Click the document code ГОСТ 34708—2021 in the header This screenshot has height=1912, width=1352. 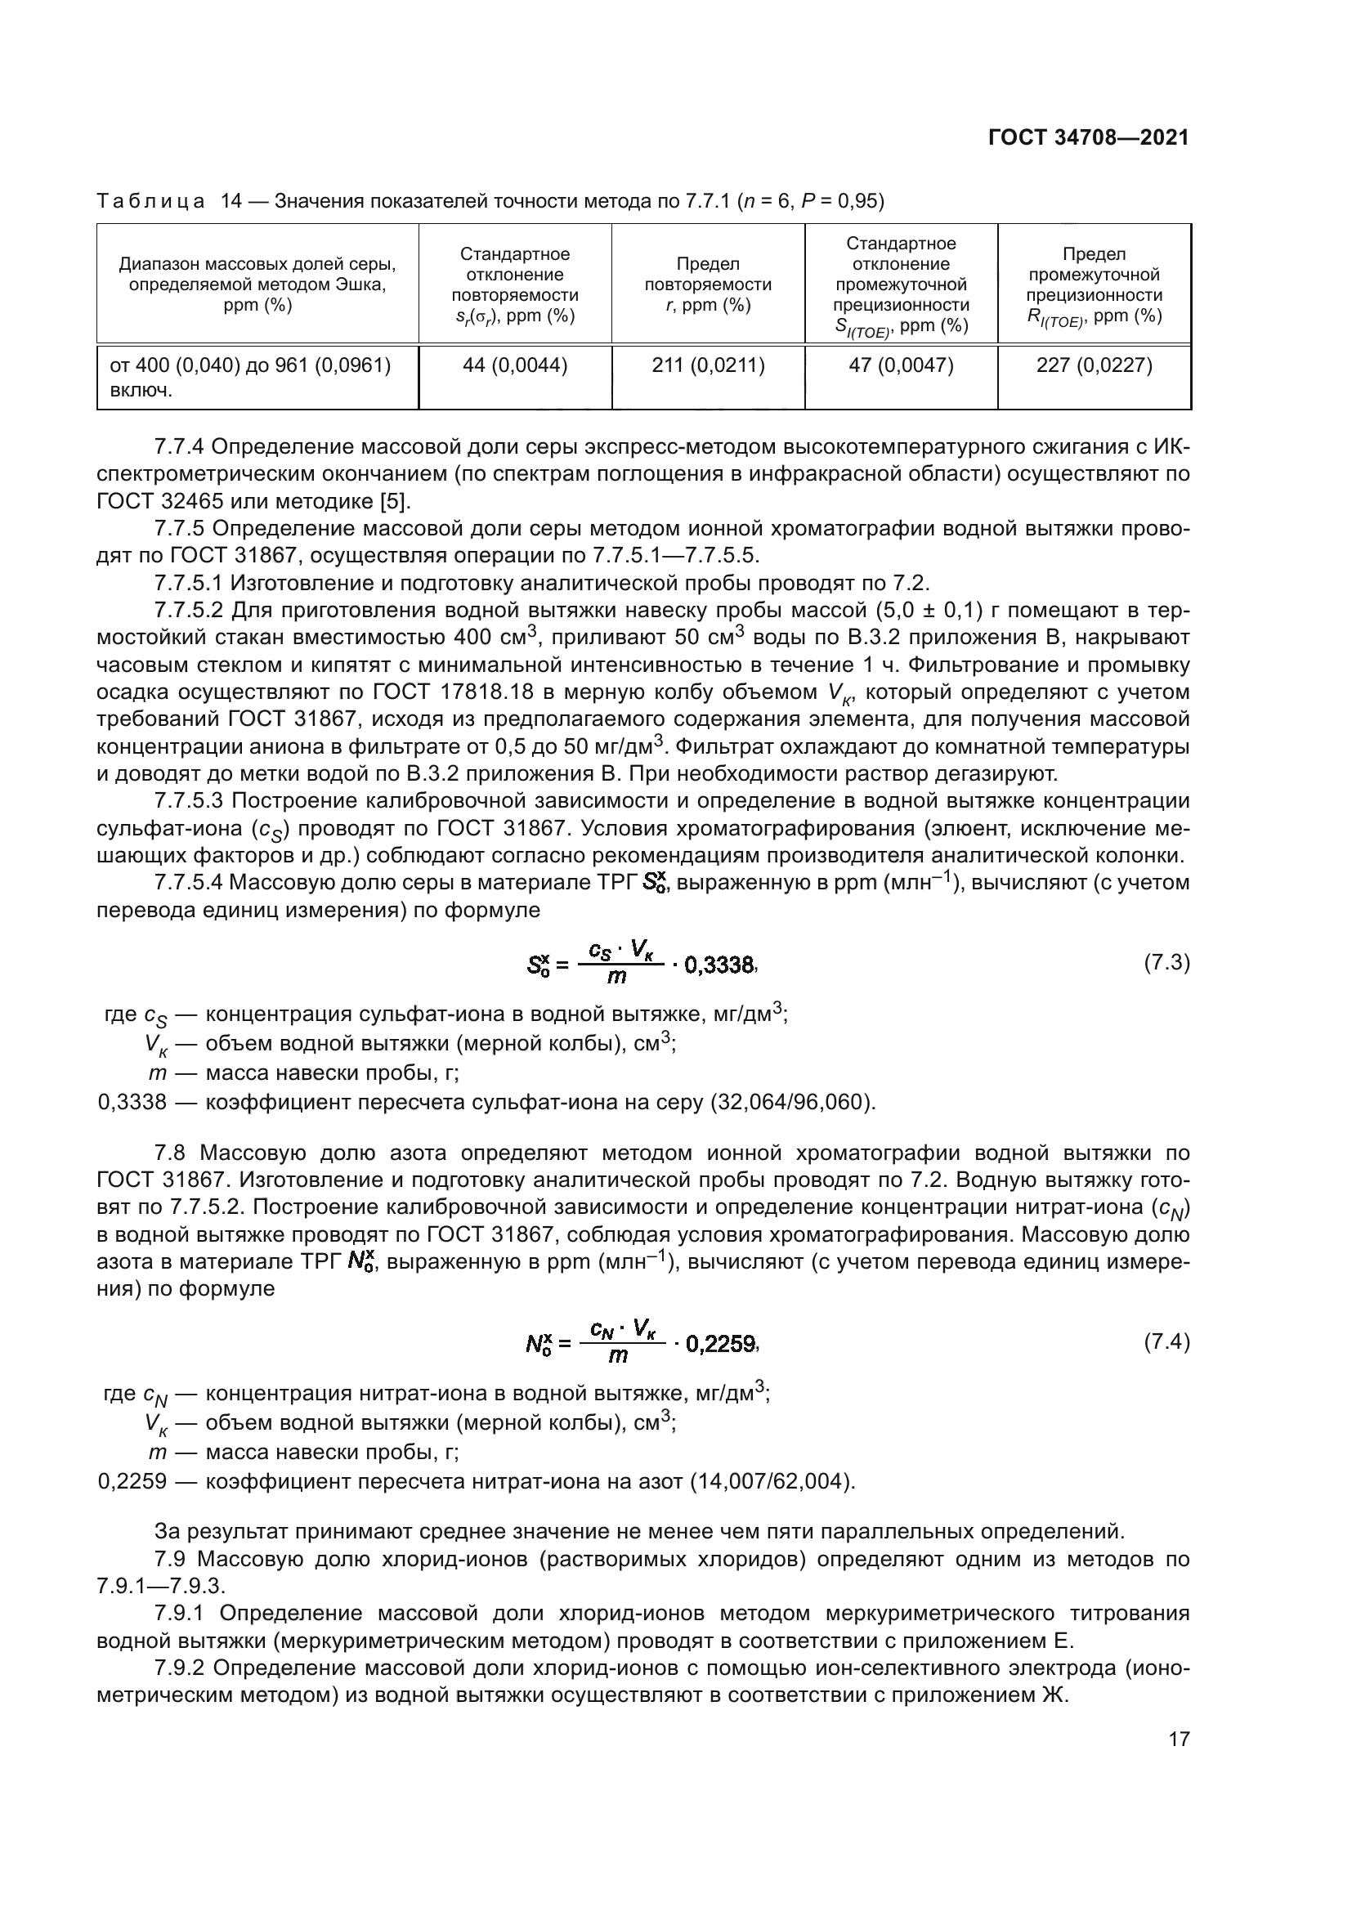1088,137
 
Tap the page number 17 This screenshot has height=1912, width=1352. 1179,1739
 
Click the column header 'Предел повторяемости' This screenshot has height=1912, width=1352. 708,284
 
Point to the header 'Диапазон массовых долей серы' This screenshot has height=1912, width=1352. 257,265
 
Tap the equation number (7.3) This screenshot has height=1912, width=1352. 1166,963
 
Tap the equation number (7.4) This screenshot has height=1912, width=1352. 1166,1341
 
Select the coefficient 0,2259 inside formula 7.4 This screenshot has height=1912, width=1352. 720,1343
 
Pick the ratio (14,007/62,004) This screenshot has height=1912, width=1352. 772,1481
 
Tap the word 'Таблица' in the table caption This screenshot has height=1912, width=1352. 150,201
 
